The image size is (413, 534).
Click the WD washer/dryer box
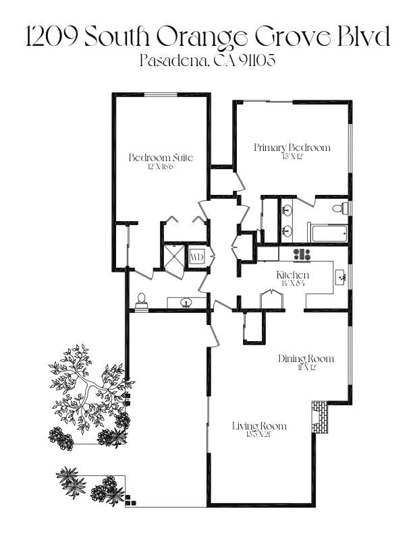(196, 257)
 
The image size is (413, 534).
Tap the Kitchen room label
(293, 275)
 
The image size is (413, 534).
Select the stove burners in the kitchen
(302, 254)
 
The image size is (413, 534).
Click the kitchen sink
(341, 276)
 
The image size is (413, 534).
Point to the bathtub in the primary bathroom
(328, 233)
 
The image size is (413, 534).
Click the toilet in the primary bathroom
(344, 208)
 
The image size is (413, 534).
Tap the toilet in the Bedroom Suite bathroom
(142, 300)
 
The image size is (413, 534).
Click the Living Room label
(259, 426)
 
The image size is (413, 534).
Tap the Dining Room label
(306, 358)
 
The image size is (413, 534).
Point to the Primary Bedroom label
(292, 148)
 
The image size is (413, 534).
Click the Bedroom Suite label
(161, 158)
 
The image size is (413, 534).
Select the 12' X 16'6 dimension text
(161, 167)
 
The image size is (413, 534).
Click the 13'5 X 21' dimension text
(259, 434)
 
